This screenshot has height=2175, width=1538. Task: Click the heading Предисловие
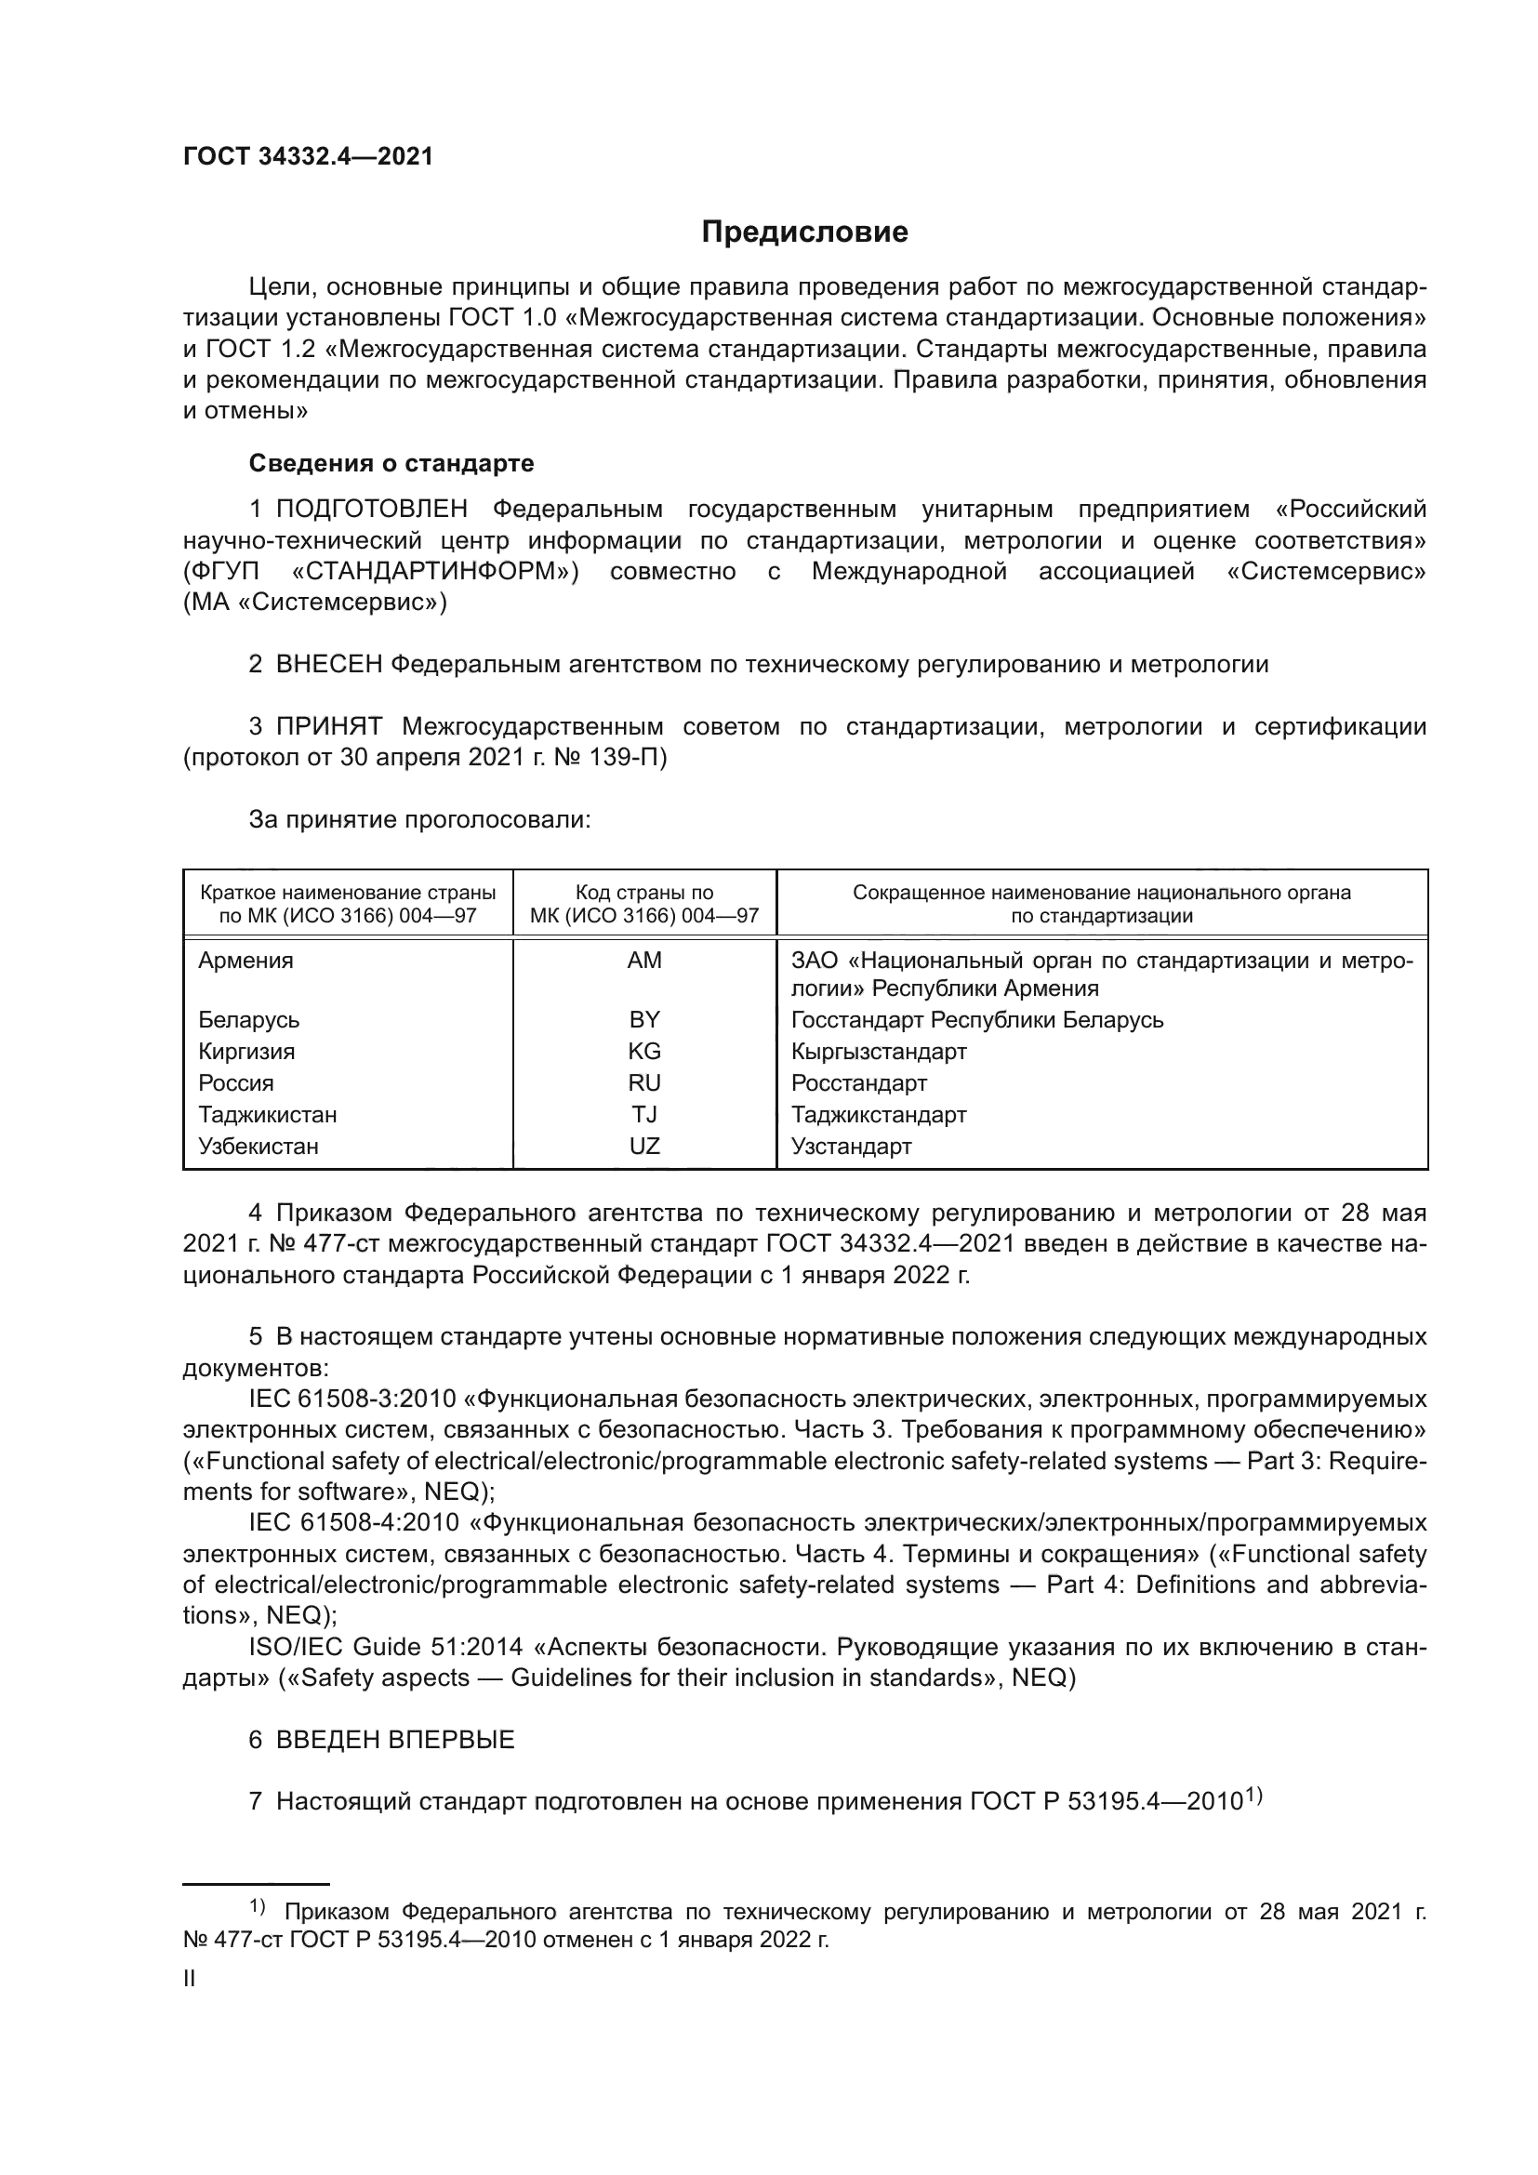[x=804, y=232]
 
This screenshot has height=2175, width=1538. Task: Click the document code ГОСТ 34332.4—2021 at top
[x=308, y=157]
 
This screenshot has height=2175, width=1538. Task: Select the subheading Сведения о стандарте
[x=391, y=463]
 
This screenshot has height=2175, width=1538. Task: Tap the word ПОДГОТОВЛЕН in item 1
[x=371, y=510]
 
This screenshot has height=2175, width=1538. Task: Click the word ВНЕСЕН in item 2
[x=328, y=664]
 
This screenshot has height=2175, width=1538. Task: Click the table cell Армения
[x=245, y=961]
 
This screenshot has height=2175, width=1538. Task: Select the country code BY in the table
[x=644, y=1020]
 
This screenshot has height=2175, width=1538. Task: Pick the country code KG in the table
[x=644, y=1052]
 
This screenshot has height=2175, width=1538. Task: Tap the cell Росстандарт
[x=859, y=1082]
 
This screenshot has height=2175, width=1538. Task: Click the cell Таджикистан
[x=267, y=1115]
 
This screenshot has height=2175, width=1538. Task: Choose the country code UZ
[x=644, y=1147]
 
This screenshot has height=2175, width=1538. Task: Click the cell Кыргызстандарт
[x=879, y=1052]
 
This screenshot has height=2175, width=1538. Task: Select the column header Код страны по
[x=644, y=893]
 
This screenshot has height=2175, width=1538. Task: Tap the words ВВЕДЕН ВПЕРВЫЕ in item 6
[x=395, y=1740]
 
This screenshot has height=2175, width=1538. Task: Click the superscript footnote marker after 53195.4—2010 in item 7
[x=1253, y=1793]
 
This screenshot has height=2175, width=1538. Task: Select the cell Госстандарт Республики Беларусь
[x=977, y=1020]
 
